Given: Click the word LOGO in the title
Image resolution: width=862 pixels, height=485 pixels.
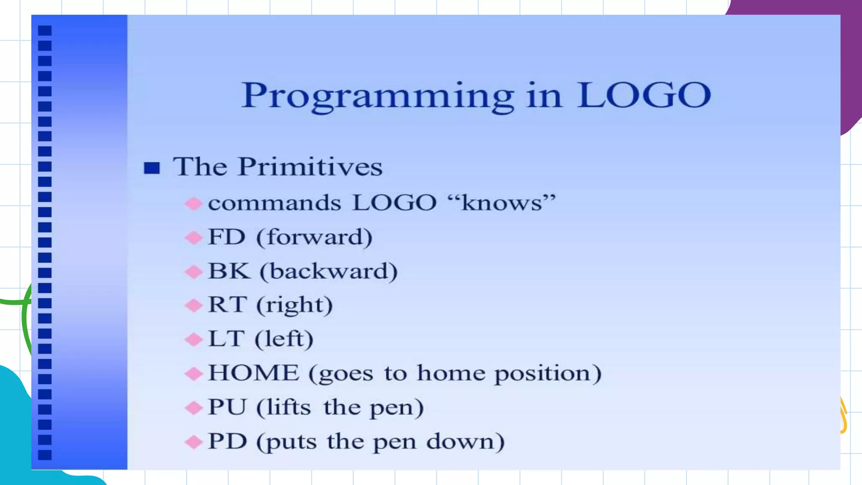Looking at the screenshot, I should pos(644,95).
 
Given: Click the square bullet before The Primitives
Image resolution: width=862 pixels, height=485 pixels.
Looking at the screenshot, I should pos(152,168).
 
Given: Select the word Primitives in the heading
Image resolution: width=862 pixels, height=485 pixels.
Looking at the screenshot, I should pos(310,167).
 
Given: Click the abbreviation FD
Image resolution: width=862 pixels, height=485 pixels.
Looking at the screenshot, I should pos(226,237).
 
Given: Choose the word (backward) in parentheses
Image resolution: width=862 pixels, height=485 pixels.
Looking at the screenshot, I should pos(329,271).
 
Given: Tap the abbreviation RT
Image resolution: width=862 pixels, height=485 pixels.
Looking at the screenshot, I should pos(227,305).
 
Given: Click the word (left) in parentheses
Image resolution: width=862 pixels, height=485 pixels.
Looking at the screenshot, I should pos(284,339).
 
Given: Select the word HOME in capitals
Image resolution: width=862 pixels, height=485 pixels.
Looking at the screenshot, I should pos(253,373).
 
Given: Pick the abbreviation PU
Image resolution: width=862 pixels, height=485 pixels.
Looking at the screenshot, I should pos(227,407).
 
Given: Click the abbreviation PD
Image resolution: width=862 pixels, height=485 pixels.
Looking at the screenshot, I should pos(227,441).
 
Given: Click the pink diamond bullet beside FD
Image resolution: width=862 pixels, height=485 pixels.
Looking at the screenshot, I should pos(194,238).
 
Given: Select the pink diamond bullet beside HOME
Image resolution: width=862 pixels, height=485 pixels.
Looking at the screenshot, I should pos(194,373).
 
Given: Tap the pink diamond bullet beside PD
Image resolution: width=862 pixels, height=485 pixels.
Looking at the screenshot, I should pos(194,442).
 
